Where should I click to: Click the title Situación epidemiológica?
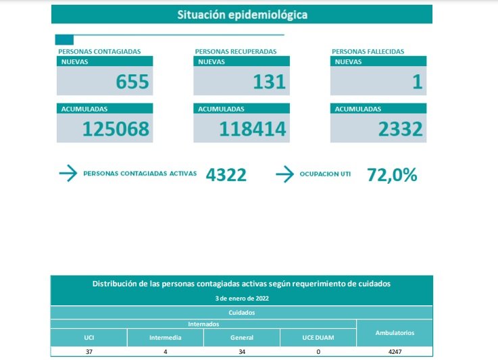[x=241, y=14]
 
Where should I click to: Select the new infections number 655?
[x=132, y=82]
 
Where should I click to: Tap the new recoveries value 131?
[x=270, y=82]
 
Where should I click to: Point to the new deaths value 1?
[x=417, y=82]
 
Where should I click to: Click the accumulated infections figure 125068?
[x=116, y=129]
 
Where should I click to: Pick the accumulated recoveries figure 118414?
[x=253, y=129]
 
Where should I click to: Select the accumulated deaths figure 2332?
[x=401, y=129]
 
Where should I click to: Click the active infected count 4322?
[x=226, y=175]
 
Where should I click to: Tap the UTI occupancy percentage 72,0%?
[x=392, y=175]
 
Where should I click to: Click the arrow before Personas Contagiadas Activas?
[x=68, y=174]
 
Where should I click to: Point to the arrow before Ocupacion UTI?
[x=284, y=174]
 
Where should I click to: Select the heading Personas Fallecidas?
[x=368, y=51]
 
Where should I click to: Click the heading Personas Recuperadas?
[x=235, y=51]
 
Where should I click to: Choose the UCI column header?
[x=89, y=338]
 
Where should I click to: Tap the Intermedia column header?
[x=165, y=338]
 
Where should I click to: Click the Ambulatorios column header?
[x=395, y=333]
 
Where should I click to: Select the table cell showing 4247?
[x=395, y=352]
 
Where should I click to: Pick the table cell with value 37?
[x=89, y=352]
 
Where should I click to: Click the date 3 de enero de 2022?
[x=241, y=298]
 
